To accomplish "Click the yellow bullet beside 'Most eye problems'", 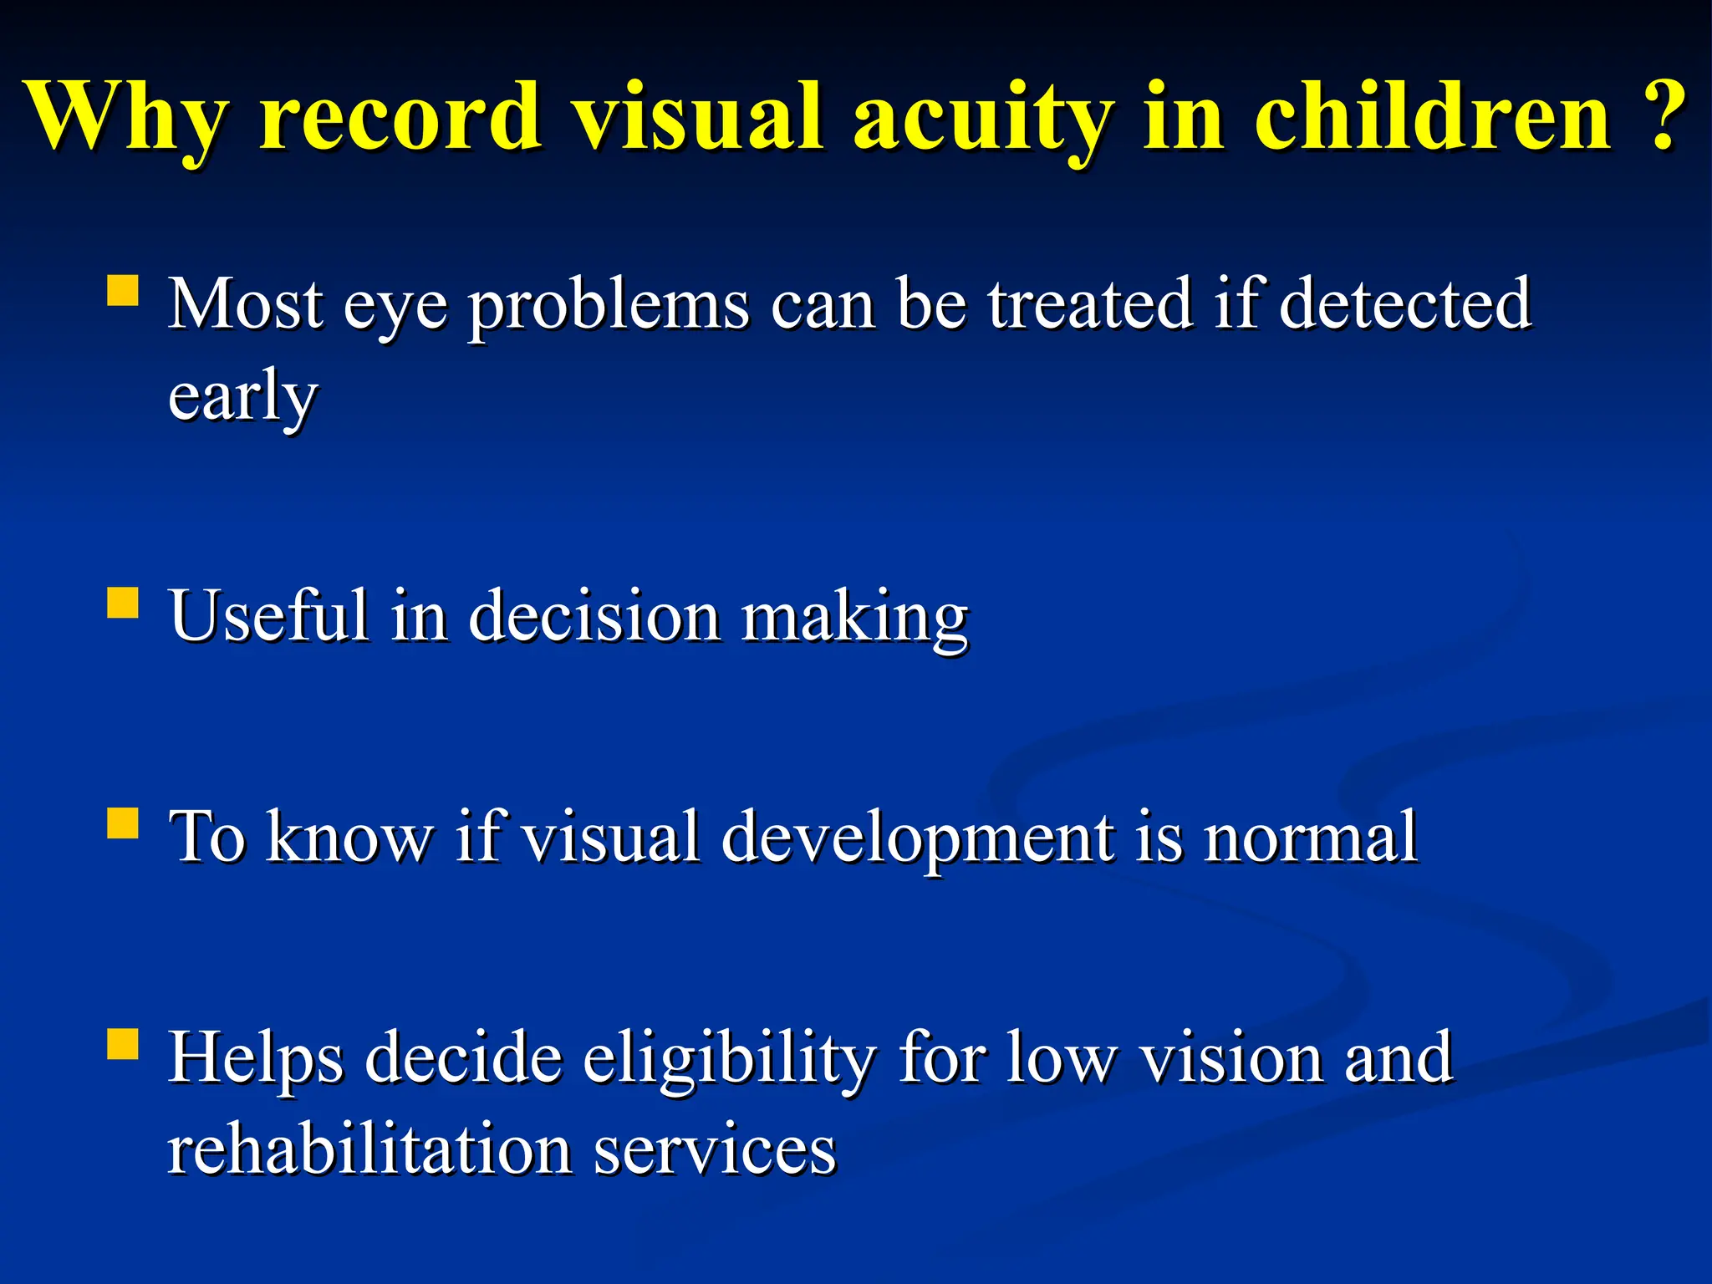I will coord(123,293).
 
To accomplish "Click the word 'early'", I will coord(242,398).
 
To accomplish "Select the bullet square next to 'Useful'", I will coord(123,603).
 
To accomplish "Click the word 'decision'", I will coord(594,616).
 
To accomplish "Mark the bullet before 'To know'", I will coord(123,823).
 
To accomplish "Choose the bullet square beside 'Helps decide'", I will coord(123,1044).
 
